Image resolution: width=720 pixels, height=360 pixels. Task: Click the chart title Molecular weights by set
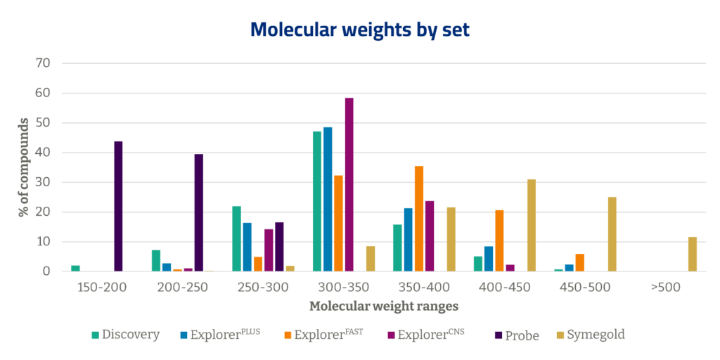pyautogui.click(x=361, y=30)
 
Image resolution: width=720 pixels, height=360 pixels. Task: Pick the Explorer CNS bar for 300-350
pyautogui.click(x=349, y=184)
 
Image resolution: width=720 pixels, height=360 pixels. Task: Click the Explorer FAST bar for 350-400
pyautogui.click(x=419, y=218)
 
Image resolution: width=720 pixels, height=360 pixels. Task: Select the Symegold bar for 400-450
pyautogui.click(x=532, y=225)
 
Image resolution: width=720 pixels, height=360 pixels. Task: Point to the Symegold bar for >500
pyautogui.click(x=693, y=254)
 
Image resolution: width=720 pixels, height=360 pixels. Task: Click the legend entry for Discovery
pyautogui.click(x=126, y=335)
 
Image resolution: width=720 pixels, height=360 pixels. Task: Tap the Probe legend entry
pyautogui.click(x=516, y=335)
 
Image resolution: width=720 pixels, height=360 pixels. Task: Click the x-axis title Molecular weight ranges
pyautogui.click(x=384, y=307)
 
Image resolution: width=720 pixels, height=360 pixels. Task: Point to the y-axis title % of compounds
pyautogui.click(x=24, y=167)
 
